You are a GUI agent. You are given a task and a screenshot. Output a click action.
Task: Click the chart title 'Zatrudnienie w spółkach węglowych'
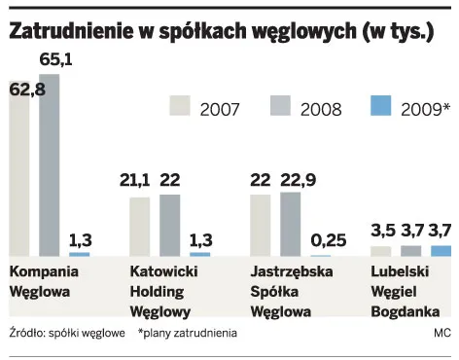[221, 30]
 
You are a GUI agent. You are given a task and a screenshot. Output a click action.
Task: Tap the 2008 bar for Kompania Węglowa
[49, 165]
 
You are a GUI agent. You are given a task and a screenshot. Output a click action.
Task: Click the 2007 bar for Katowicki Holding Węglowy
[140, 226]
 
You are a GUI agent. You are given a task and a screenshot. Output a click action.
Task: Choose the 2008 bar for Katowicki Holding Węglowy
[169, 225]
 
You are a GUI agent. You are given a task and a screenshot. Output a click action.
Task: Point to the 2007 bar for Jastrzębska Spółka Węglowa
[260, 225]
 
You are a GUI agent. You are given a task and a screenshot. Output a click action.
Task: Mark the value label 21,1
[137, 180]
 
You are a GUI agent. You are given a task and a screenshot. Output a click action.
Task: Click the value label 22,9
[299, 180]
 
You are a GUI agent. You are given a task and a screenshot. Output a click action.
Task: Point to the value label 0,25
[327, 236]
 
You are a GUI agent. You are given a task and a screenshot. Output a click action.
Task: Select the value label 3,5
[383, 230]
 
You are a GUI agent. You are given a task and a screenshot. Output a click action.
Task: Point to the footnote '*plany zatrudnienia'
[188, 333]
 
